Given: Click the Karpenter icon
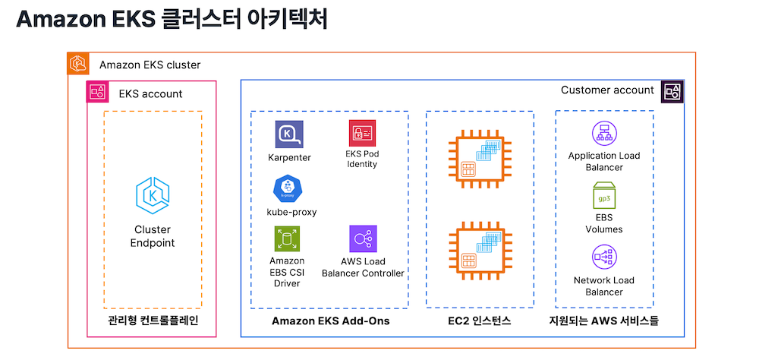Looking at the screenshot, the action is coord(289,134).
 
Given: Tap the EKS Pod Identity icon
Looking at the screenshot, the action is coord(362,133).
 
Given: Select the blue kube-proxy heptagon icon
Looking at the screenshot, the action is coord(288,189).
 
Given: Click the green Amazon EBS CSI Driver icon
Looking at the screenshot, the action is coord(287,239).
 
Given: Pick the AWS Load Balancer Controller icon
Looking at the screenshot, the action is coord(363,238).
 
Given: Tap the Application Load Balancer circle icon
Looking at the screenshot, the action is coord(605,132).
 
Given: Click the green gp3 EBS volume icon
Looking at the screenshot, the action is coord(604,195).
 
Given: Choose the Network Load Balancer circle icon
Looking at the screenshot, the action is coord(605,257).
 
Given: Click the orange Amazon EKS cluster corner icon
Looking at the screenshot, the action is coord(78,64).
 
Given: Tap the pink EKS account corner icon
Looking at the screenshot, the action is coord(98,92).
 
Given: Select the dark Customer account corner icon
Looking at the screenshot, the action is coord(672,90).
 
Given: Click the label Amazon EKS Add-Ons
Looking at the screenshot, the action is coord(331,321).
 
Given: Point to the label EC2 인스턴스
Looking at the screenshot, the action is coord(480,321).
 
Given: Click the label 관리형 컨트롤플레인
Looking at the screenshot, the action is coord(153,321).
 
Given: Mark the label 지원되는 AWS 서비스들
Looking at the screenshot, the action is coord(604,321).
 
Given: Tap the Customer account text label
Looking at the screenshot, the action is coord(607,90).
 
